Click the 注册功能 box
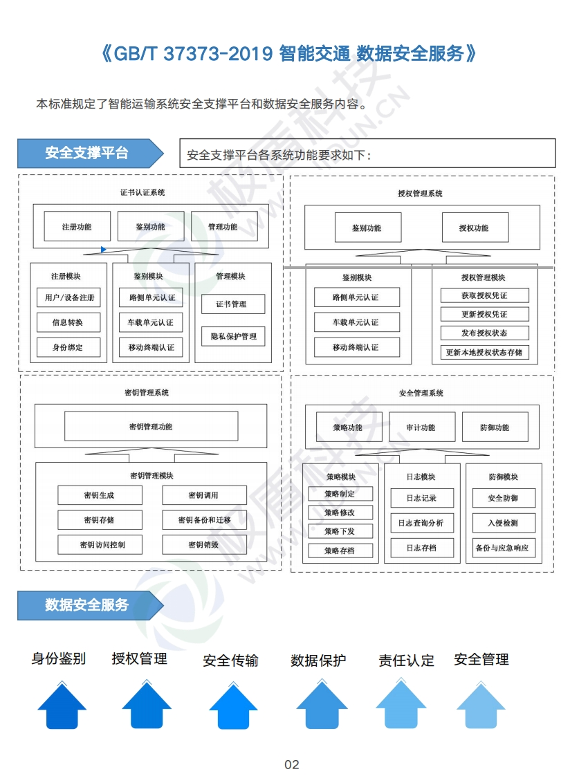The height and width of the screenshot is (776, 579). [x=77, y=227]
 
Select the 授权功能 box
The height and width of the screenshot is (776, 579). [x=475, y=228]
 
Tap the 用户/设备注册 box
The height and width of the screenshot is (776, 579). [x=68, y=297]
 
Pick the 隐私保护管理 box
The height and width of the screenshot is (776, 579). [x=233, y=337]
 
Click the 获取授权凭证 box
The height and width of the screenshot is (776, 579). [x=484, y=295]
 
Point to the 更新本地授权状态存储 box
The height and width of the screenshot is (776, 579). [x=484, y=352]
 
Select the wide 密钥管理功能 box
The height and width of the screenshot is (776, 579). [x=151, y=427]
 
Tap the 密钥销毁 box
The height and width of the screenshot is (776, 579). [x=204, y=544]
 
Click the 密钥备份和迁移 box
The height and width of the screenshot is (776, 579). [x=204, y=519]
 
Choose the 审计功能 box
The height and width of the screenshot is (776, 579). [x=422, y=427]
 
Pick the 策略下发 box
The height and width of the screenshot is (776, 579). [x=340, y=531]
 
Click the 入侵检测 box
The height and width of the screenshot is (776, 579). [x=504, y=523]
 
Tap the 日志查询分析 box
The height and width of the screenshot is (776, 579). [x=422, y=523]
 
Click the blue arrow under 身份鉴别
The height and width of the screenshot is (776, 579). [x=62, y=705]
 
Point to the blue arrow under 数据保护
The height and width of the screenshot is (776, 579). [x=322, y=705]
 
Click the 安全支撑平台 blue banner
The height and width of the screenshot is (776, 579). [x=90, y=154]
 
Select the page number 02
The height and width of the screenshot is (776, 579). [x=291, y=765]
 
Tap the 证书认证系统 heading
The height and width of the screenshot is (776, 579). [x=143, y=192]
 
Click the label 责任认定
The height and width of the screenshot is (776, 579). [x=406, y=660]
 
